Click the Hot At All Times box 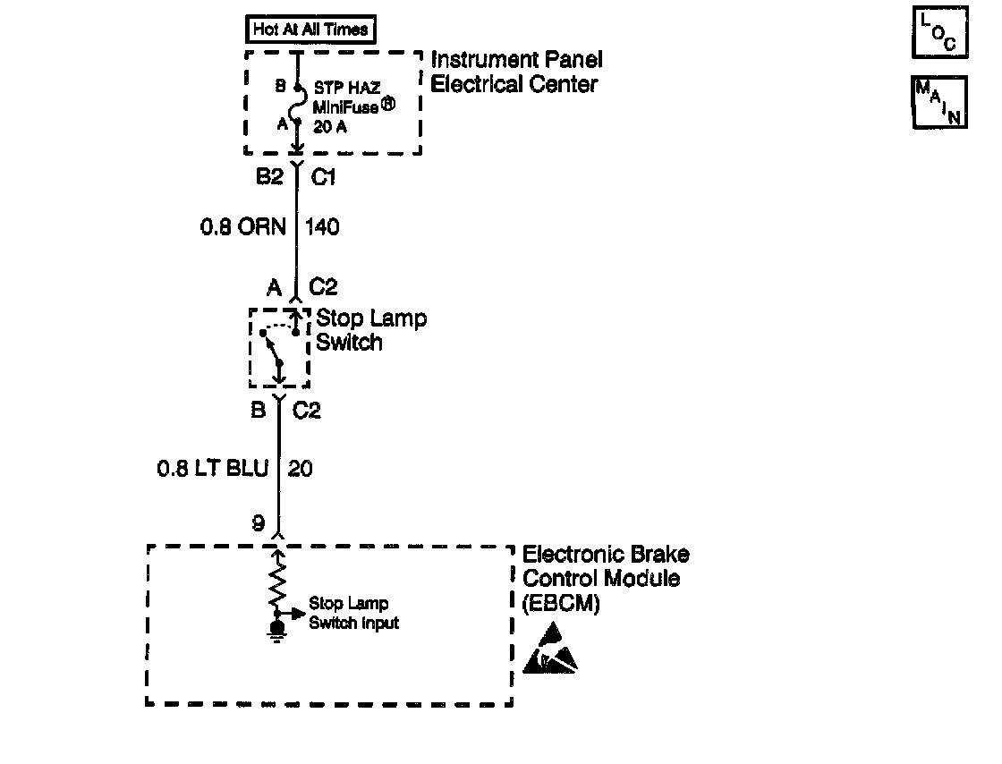pyautogui.click(x=310, y=30)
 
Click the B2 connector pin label pyautogui.click(x=267, y=177)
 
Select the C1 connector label pyautogui.click(x=323, y=177)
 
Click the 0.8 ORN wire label pyautogui.click(x=242, y=227)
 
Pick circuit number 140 pyautogui.click(x=322, y=227)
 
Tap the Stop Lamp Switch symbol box pyautogui.click(x=278, y=348)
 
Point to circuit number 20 pyautogui.click(x=301, y=468)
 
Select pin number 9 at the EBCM pyautogui.click(x=259, y=524)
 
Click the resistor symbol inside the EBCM pyautogui.click(x=278, y=581)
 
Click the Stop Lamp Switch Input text pyautogui.click(x=353, y=614)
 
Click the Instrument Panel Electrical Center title pyautogui.click(x=516, y=72)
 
